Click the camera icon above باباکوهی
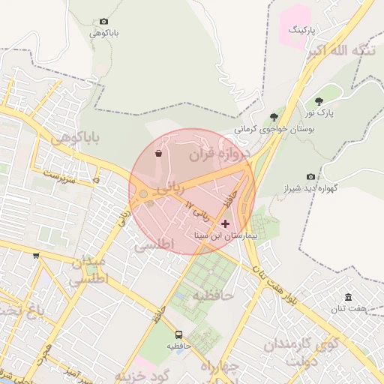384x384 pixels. point(103,22)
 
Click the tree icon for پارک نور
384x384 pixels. point(319,101)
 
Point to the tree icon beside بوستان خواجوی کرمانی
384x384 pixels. point(274,116)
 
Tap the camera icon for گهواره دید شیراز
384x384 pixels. point(310,176)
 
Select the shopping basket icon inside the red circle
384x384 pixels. point(158,154)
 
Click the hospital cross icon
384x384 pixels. point(225,223)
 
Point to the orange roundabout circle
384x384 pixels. point(142,195)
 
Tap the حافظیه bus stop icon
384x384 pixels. point(179,334)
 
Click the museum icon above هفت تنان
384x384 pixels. point(348,297)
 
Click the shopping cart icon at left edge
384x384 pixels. point(36,256)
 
